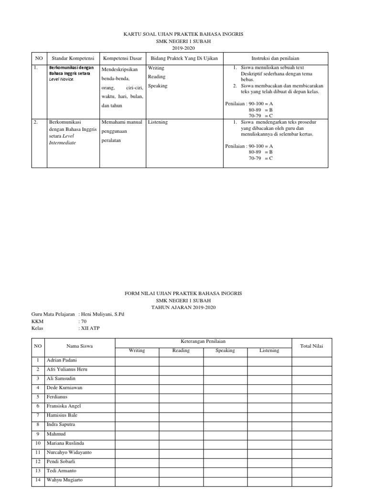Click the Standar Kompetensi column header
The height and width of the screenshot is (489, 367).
coord(73,58)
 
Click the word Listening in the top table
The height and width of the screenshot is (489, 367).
coord(158,122)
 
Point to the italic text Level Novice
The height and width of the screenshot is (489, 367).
coord(62,79)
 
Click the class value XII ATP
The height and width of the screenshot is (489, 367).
coord(91,329)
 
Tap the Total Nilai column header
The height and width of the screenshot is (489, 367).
coord(312,346)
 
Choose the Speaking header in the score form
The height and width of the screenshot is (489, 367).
coord(225,351)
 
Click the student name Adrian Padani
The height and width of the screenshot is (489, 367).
coord(62,360)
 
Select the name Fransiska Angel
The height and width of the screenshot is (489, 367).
coord(64,406)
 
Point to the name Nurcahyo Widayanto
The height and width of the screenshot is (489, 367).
coord(69,452)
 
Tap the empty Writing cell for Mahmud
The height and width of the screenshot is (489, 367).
coord(137,434)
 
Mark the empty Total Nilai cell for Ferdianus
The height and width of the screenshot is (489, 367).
coord(312,397)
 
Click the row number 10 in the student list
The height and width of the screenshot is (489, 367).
coord(37,443)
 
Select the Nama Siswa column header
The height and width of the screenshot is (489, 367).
coord(79,346)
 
